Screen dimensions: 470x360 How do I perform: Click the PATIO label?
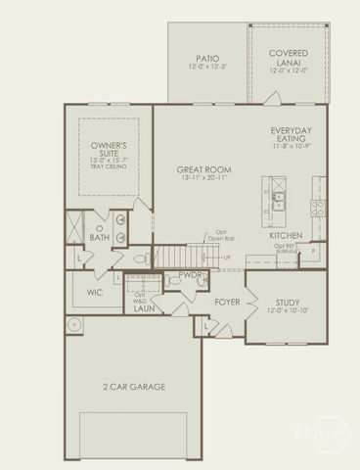click(x=205, y=58)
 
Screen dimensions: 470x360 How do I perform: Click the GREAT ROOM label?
click(x=204, y=169)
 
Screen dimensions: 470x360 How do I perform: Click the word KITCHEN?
click(x=286, y=236)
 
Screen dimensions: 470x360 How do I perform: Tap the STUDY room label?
click(x=288, y=303)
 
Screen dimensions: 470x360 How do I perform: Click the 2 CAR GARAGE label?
click(x=134, y=387)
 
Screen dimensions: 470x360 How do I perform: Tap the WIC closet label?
click(x=95, y=292)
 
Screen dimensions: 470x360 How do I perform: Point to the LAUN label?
click(x=144, y=309)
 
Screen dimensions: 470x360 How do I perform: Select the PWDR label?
click(x=190, y=277)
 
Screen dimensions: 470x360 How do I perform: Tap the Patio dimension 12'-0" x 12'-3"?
click(x=205, y=68)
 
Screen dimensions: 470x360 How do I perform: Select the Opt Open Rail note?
click(x=219, y=235)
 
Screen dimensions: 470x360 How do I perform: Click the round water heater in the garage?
click(x=73, y=325)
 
